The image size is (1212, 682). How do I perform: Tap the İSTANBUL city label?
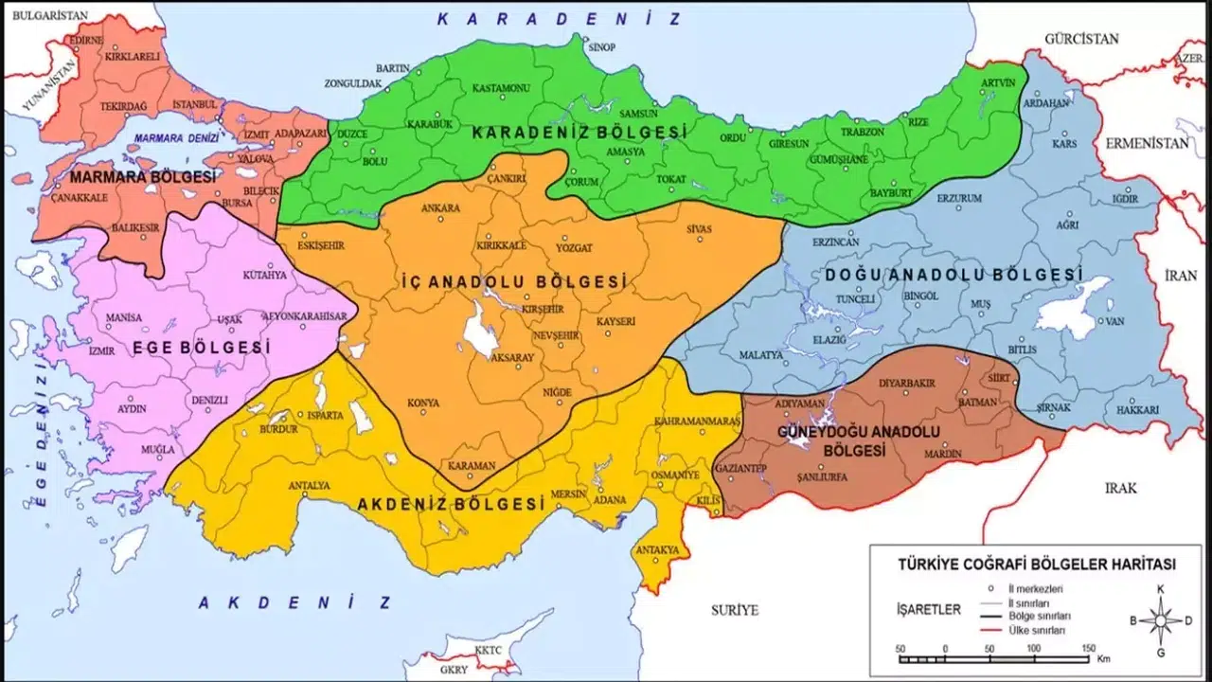(195, 103)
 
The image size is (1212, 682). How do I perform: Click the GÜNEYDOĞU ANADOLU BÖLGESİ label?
(860, 440)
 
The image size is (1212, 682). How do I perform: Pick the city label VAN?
(1114, 321)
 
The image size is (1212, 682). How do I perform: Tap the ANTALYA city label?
(309, 486)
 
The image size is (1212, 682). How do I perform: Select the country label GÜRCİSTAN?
(1081, 39)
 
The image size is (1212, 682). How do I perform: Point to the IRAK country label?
(1120, 488)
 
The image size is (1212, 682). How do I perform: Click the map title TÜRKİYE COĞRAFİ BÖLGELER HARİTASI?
(1036, 564)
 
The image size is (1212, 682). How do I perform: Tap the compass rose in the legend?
(1160, 621)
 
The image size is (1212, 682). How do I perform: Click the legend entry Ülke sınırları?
(1040, 629)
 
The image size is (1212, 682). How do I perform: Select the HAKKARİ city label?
(1136, 409)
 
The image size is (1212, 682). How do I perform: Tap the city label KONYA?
(422, 403)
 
